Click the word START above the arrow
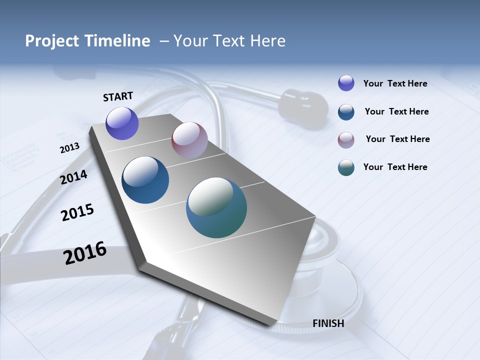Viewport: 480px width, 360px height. (x=118, y=96)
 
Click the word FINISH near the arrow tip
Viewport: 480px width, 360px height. (x=328, y=323)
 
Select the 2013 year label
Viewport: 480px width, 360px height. (x=69, y=147)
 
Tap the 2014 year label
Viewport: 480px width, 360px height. (x=74, y=177)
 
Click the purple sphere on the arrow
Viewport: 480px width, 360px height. (x=122, y=123)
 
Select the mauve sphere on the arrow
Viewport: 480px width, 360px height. (x=189, y=139)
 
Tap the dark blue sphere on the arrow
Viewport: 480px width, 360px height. (x=145, y=180)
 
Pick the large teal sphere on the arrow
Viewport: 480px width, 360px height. (x=216, y=207)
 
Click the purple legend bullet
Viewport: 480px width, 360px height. (x=346, y=83)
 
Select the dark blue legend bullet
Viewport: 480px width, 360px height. (x=346, y=112)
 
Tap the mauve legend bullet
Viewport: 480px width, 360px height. (x=346, y=140)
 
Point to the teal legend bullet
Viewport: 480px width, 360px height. (x=346, y=167)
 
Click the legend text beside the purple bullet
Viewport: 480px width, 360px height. (x=395, y=83)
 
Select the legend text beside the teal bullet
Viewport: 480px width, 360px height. (x=395, y=167)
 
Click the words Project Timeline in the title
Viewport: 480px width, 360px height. (x=87, y=41)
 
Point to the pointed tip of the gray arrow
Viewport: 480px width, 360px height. (x=274, y=326)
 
